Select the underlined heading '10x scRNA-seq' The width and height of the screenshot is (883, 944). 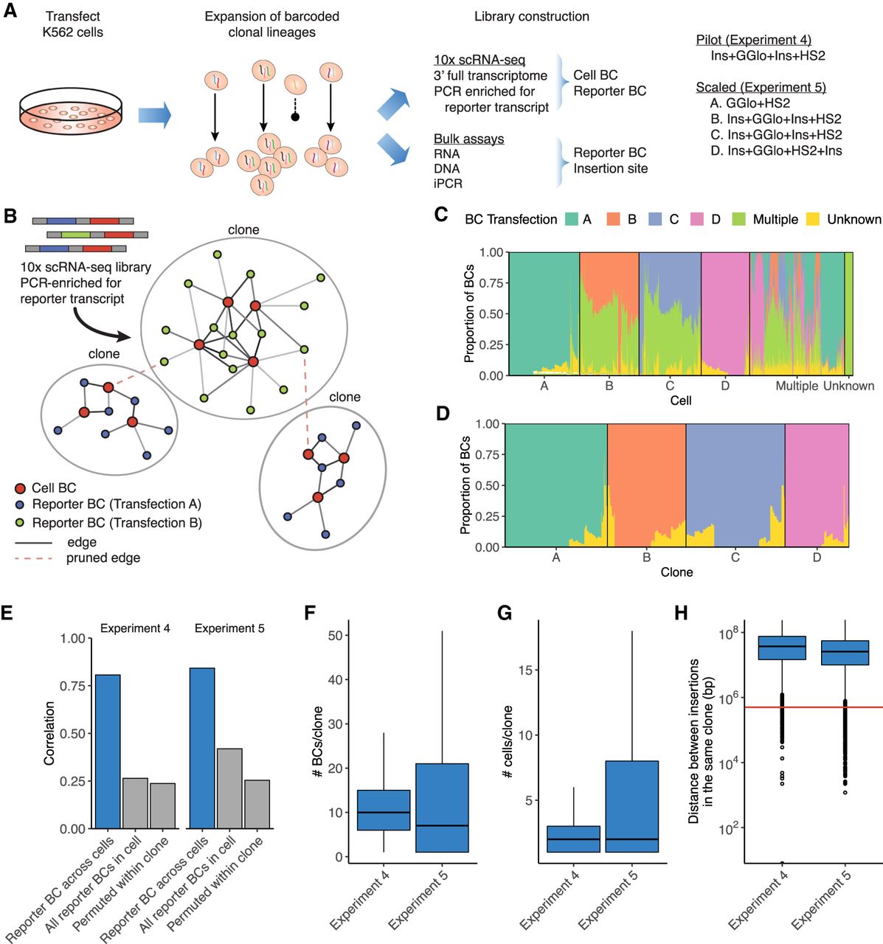[479, 60]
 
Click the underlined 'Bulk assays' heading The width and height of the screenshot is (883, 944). [468, 139]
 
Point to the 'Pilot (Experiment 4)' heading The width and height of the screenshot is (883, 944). [753, 40]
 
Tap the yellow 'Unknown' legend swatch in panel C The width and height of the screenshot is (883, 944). [813, 219]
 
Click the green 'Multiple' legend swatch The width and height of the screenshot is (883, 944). [739, 219]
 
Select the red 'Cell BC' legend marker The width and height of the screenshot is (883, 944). [21, 488]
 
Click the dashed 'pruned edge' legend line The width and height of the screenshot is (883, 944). [34, 558]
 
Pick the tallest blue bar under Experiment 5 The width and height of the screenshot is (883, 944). [202, 748]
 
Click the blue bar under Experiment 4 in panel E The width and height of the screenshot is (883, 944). [108, 752]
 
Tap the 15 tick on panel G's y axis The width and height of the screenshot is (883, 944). [530, 670]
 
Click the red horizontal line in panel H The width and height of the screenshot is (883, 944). [811, 707]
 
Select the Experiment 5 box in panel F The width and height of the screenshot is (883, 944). [442, 808]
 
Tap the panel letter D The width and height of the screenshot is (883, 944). [443, 414]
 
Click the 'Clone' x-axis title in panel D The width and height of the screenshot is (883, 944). [676, 572]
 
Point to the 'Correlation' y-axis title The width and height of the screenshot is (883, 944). [49, 732]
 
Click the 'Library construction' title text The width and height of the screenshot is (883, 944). [531, 16]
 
